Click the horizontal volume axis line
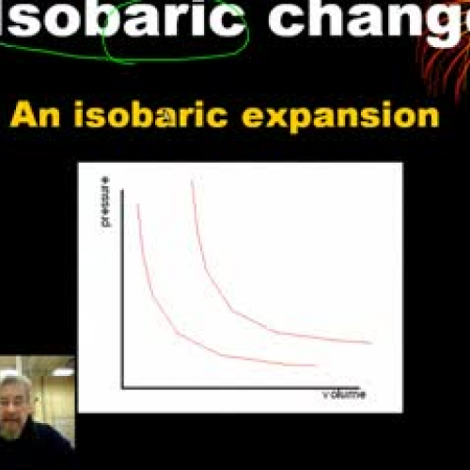click(x=244, y=387)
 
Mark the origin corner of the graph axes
click(x=122, y=387)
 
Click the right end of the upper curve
click(x=372, y=343)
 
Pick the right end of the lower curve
click(x=315, y=365)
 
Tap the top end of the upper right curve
click(x=193, y=180)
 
